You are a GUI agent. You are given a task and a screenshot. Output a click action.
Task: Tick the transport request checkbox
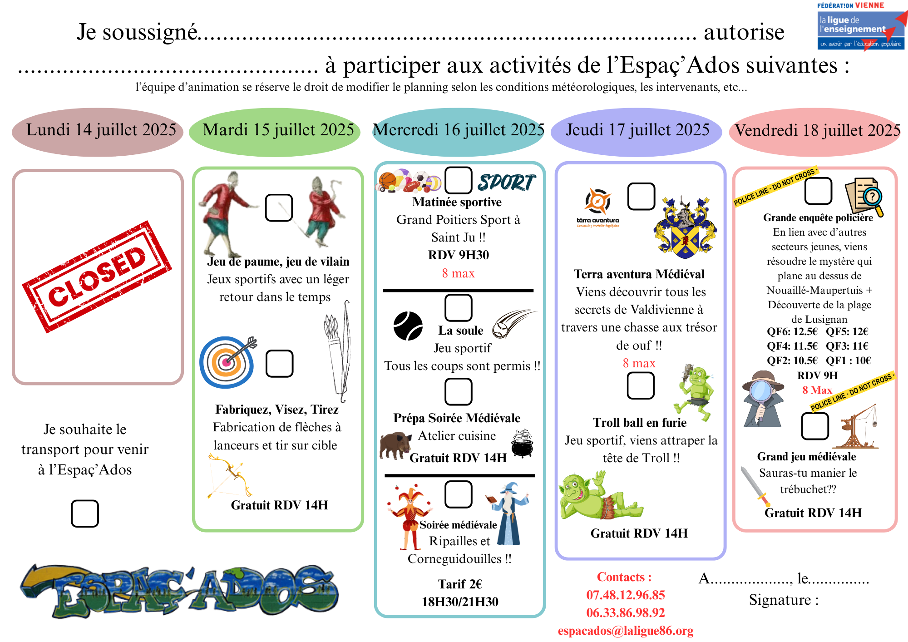pyautogui.click(x=85, y=514)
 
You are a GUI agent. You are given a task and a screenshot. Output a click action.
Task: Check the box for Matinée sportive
pyautogui.click(x=458, y=180)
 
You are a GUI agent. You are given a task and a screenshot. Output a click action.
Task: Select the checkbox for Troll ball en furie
pyautogui.click(x=640, y=385)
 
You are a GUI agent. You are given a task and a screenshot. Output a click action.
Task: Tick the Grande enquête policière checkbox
pyautogui.click(x=818, y=191)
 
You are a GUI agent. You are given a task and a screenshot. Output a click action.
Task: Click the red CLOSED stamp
pyautogui.click(x=97, y=277)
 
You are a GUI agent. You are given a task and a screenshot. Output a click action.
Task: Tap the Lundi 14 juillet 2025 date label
pyautogui.click(x=101, y=130)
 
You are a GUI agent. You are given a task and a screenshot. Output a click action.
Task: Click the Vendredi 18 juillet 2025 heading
pyautogui.click(x=817, y=131)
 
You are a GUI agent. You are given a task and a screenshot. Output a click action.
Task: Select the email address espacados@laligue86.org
pyautogui.click(x=625, y=631)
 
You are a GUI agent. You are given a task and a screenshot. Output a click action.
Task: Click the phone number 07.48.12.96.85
pyautogui.click(x=625, y=595)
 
